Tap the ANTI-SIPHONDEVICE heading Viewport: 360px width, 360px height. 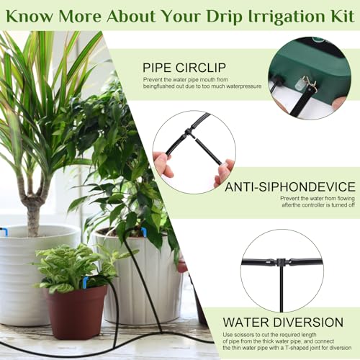289,188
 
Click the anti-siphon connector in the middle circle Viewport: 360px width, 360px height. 189,131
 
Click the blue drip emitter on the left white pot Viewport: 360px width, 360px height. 4,232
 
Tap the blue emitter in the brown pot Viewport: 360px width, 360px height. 85,282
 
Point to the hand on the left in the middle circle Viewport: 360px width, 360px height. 163,164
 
